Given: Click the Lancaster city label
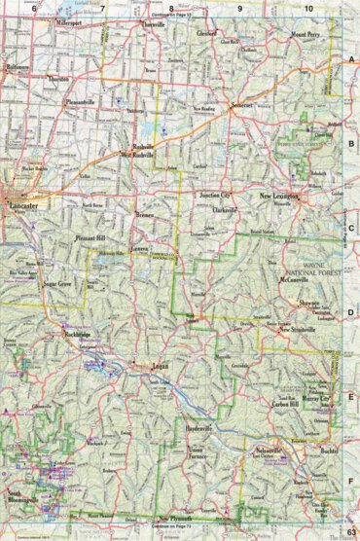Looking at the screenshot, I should pos(24,207).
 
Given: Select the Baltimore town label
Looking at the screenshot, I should pos(18,68).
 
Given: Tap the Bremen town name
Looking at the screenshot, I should pos(146,213).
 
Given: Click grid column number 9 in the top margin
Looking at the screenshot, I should pos(239,8).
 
